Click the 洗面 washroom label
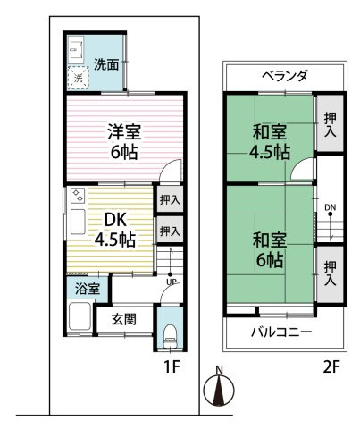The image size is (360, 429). tap(107, 64)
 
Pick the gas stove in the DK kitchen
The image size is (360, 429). tap(77, 195)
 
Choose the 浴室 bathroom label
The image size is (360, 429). tap(87, 289)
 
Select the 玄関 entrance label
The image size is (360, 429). tap(124, 318)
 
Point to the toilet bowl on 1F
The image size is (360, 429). tap(170, 336)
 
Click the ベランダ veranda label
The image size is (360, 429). tap(284, 76)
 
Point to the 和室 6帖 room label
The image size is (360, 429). tap(268, 250)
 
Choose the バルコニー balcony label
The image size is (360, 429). tap(284, 332)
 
